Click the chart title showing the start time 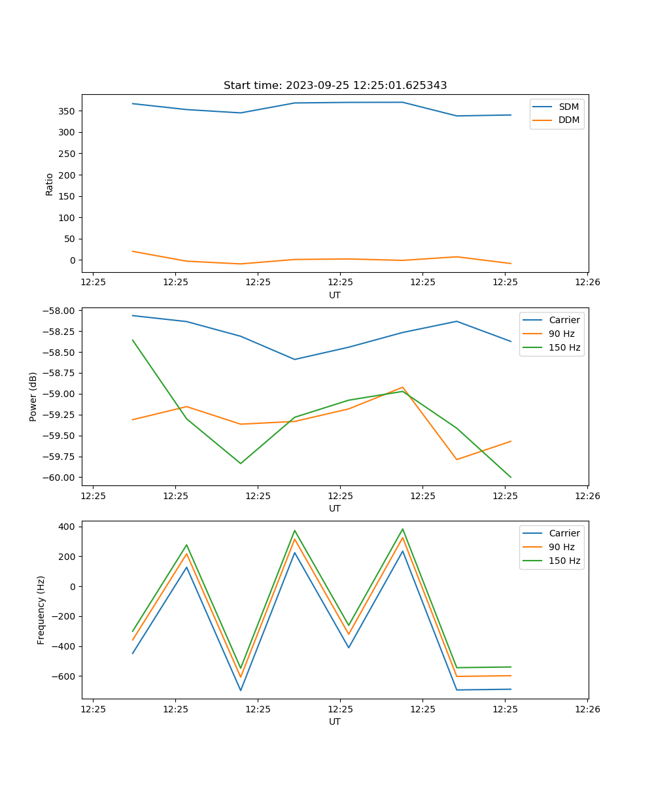tap(335, 86)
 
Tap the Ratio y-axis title tap(50, 184)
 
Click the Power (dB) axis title tap(33, 396)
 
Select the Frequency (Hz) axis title tap(41, 610)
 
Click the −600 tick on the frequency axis tap(64, 676)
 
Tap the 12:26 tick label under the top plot tap(587, 282)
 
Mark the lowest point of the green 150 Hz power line tap(511, 478)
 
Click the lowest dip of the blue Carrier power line tap(294, 359)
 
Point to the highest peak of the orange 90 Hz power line tap(403, 387)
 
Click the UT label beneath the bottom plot tap(335, 722)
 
